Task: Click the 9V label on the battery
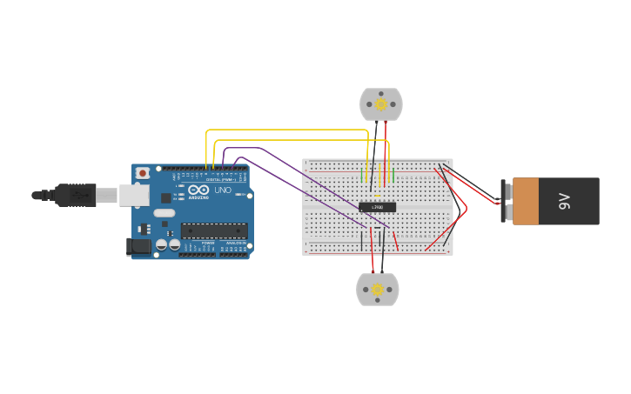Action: point(564,202)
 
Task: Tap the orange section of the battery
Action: point(526,202)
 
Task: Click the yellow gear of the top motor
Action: point(381,104)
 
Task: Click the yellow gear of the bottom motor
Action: point(378,290)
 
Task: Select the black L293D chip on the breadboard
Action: point(377,207)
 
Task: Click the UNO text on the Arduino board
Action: point(223,190)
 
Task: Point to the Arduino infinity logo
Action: point(198,190)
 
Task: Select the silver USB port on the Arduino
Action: point(134,195)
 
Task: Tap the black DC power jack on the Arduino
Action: point(139,247)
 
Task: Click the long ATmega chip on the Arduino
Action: point(214,230)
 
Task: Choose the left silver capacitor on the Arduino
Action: point(161,244)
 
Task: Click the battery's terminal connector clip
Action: point(504,201)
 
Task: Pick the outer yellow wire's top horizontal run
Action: point(287,130)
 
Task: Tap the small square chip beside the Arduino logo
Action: point(166,197)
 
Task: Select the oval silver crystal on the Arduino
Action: point(164,213)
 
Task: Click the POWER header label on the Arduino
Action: point(208,243)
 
